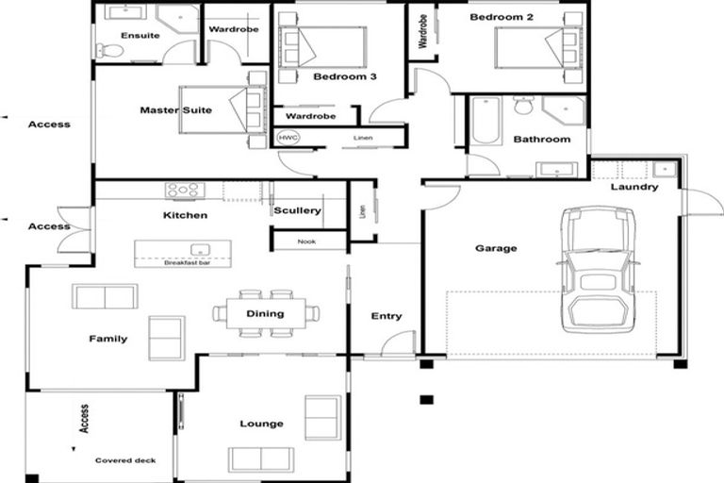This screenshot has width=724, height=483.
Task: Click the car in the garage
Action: click(598, 270)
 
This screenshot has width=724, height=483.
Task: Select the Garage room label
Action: click(496, 249)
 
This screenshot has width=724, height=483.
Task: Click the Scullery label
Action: click(297, 210)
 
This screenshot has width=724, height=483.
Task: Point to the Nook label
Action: click(306, 241)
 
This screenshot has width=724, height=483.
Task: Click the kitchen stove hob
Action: click(185, 191)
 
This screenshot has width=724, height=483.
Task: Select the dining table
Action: click(266, 313)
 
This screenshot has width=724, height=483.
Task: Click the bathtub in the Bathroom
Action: click(487, 122)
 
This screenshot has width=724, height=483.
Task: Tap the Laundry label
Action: click(634, 187)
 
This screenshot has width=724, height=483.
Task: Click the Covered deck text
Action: click(125, 460)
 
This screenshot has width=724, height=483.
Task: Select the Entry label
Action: click(387, 316)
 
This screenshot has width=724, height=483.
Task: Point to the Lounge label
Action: click(261, 424)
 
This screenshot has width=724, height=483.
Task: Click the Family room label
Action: click(107, 339)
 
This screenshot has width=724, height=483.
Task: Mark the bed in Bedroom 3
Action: click(322, 47)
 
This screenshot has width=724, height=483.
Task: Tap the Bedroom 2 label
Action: click(502, 17)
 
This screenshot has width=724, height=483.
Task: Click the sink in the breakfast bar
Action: click(200, 250)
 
